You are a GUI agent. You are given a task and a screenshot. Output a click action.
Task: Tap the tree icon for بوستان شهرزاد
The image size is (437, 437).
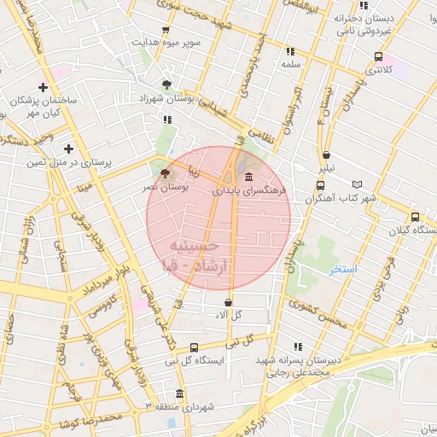point(166,84)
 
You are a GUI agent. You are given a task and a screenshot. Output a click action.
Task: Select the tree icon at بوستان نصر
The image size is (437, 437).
point(164,172)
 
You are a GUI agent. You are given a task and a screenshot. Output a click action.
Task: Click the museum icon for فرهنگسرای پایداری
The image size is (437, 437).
point(248,178)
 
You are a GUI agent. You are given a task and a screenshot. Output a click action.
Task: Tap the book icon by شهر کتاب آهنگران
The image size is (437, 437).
point(357,184)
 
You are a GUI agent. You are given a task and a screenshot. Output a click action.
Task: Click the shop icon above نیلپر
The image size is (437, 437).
point(327,155)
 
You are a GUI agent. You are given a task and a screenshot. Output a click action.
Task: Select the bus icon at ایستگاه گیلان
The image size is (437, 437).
point(415,218)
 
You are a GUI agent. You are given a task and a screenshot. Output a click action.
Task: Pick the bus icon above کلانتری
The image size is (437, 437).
point(377,57)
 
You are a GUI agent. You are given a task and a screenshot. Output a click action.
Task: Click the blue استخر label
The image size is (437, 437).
point(343,269)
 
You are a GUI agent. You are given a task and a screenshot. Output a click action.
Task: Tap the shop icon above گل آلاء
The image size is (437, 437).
point(228,302)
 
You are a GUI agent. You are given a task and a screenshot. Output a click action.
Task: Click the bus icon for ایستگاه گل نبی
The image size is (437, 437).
point(195,347)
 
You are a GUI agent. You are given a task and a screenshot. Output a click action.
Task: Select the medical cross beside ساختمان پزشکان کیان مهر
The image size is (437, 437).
point(43,87)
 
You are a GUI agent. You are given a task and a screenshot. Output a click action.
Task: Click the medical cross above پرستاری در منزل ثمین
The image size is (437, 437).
point(68,149)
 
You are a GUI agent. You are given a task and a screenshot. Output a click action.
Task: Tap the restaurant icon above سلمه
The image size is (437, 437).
point(290,51)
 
